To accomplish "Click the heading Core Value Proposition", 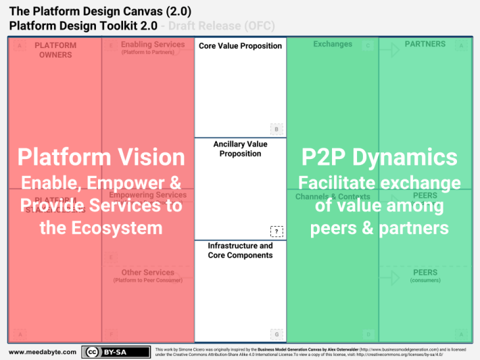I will click(240, 46).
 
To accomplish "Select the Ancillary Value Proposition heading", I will click(240, 149).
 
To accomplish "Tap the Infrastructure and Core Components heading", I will click(240, 250).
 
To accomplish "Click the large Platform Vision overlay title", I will click(101, 157).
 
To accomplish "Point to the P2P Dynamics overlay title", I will click(379, 157).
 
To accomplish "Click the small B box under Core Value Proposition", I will click(276, 129).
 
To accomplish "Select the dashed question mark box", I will click(276, 231).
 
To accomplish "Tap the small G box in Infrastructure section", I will click(276, 334).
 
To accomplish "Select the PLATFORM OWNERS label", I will click(55, 50).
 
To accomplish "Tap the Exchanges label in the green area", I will click(333, 45).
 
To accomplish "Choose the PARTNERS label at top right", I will click(425, 45).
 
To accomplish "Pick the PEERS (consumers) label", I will click(425, 275).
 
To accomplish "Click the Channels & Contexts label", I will click(333, 197).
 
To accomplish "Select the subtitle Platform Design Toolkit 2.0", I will click(83, 26).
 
